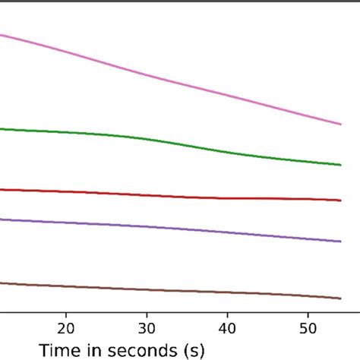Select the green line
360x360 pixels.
click(152, 140)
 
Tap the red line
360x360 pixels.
click(152, 194)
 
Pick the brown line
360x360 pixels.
click(152, 289)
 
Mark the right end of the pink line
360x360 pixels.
click(339, 123)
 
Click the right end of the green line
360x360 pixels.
click(339, 164)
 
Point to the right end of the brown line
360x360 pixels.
click(339, 298)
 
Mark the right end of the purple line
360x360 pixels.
click(339, 242)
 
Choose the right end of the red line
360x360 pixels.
click(339, 200)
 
